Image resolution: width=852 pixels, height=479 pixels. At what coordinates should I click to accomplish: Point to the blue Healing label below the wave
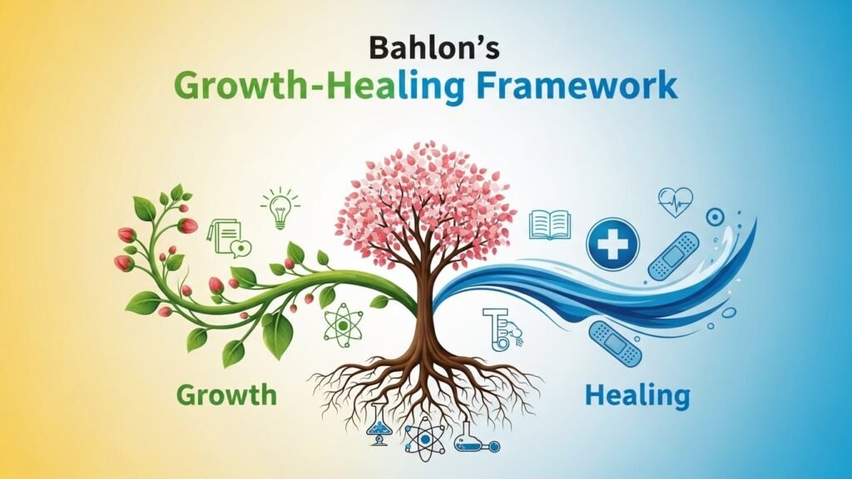coord(638,393)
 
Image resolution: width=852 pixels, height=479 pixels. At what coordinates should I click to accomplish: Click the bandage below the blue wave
coord(615,343)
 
